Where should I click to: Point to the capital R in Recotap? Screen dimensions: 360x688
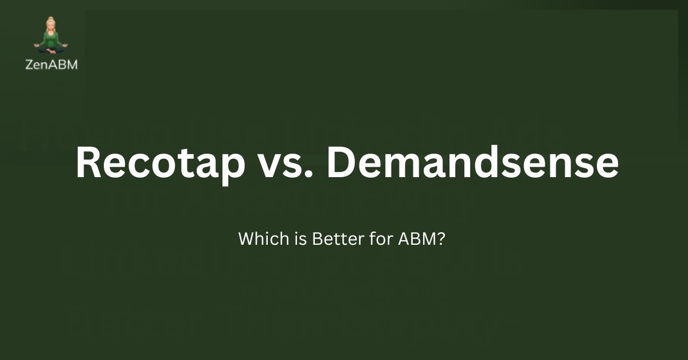tap(88, 163)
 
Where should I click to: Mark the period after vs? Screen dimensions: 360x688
tap(308, 174)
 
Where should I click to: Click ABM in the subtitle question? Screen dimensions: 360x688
tap(410, 238)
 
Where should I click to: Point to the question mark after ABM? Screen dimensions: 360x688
tap(439, 238)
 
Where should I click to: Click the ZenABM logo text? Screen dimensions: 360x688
tap(52, 65)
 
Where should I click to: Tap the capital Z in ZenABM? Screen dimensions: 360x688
tap(30, 65)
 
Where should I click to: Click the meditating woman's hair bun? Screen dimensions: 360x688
tap(51, 19)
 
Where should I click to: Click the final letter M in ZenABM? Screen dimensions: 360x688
tap(72, 65)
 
